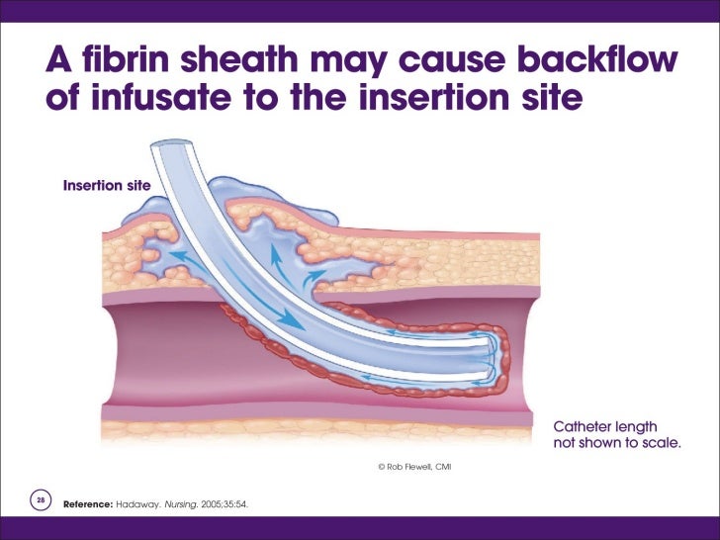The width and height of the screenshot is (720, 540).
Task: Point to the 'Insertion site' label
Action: click(106, 185)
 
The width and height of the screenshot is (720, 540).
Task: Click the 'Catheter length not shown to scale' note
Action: click(615, 434)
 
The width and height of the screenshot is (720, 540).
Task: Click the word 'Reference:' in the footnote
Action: click(88, 504)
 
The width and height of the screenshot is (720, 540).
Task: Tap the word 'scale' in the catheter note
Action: click(659, 443)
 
